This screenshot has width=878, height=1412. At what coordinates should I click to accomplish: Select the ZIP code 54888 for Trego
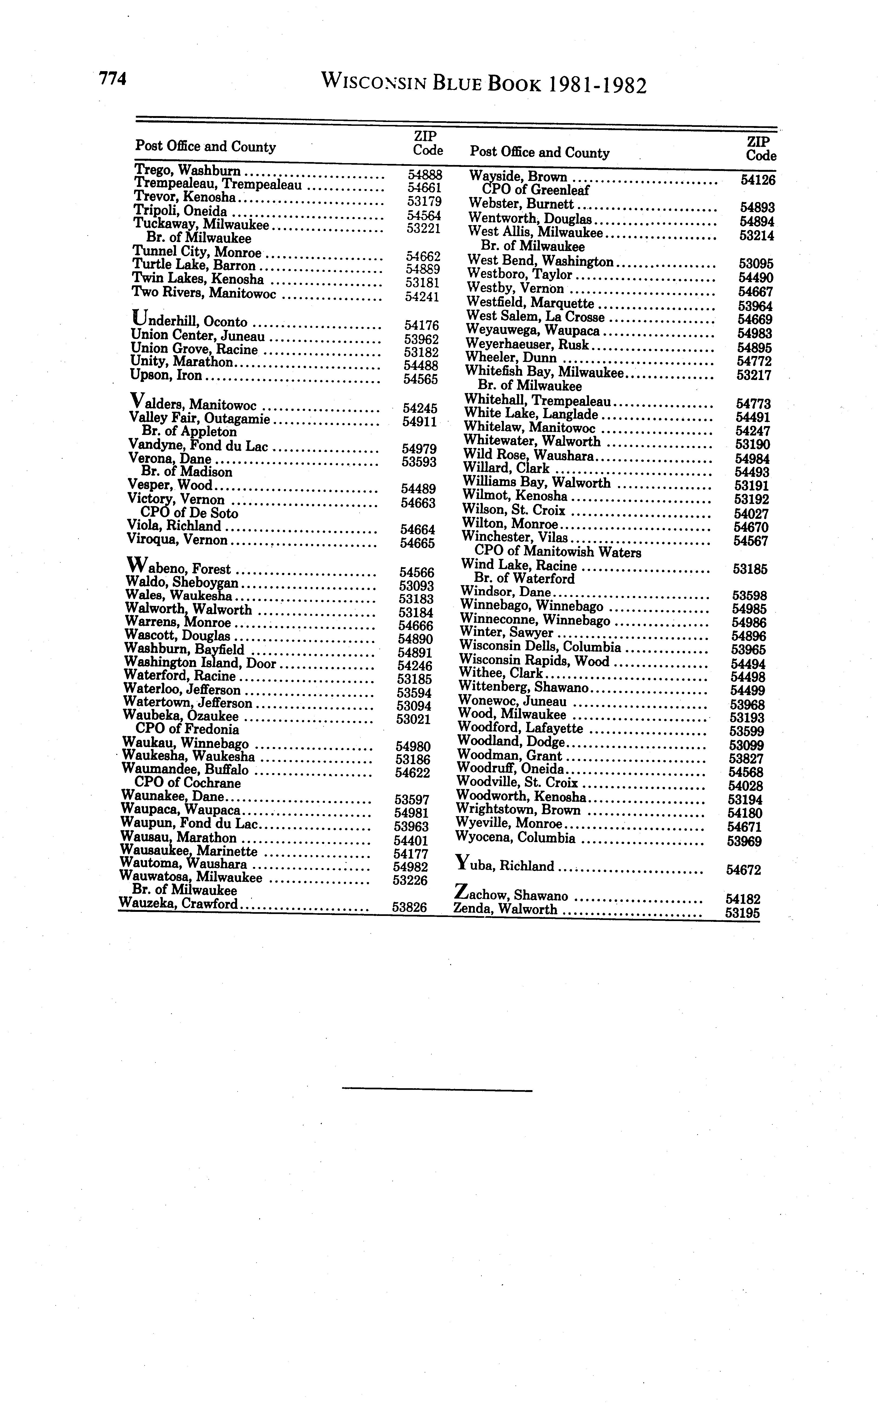pyautogui.click(x=424, y=174)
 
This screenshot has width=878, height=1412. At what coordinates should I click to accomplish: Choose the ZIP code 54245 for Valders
pyautogui.click(x=420, y=408)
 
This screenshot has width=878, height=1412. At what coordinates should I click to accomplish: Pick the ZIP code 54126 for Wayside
pyautogui.click(x=758, y=180)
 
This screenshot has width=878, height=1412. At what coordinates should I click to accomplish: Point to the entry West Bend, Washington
pyautogui.click(x=540, y=262)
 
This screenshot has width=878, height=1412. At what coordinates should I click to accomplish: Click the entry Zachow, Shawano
pyautogui.click(x=511, y=895)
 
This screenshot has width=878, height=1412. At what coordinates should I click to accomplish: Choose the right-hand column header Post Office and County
pyautogui.click(x=540, y=153)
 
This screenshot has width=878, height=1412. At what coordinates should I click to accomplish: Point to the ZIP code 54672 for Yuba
pyautogui.click(x=743, y=870)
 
